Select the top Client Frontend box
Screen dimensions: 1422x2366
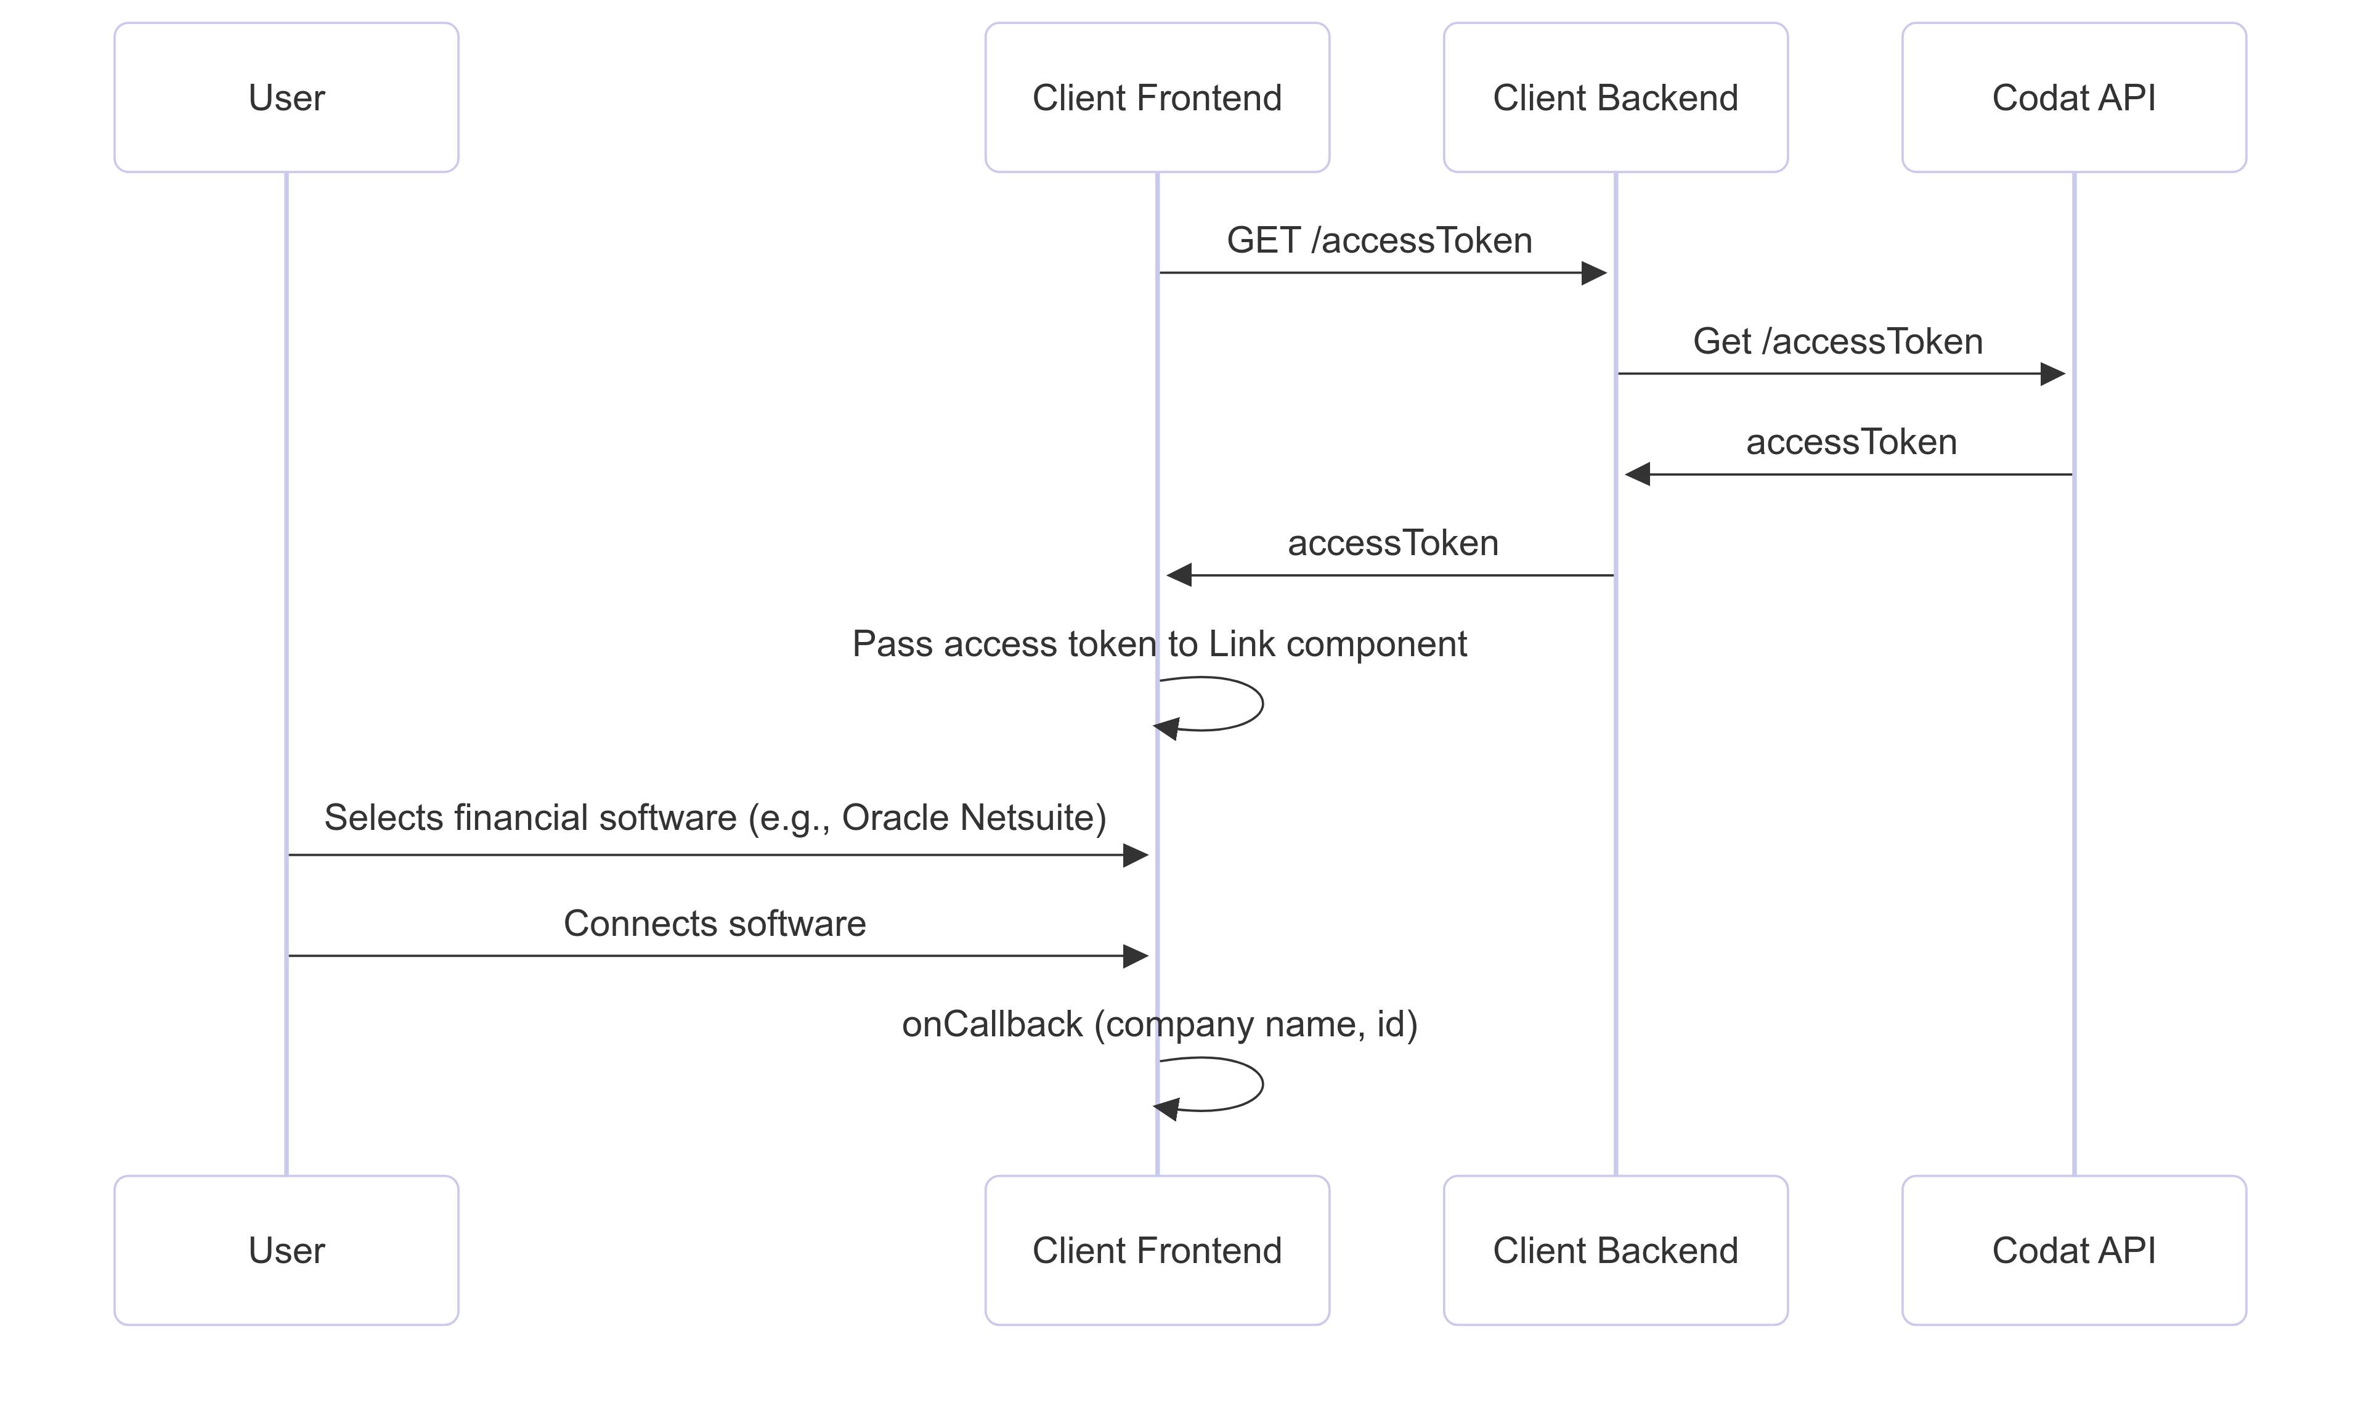coord(1156,98)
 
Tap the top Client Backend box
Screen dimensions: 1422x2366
coord(1615,98)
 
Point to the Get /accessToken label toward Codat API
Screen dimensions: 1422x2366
coord(1836,341)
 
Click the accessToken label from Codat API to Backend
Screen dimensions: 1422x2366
coord(1850,442)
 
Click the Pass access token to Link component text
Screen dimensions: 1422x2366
coord(1158,644)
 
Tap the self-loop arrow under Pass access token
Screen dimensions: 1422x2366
coord(1261,704)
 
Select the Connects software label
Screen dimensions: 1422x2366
coord(714,923)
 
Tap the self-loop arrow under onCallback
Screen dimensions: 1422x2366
coord(1261,1084)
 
